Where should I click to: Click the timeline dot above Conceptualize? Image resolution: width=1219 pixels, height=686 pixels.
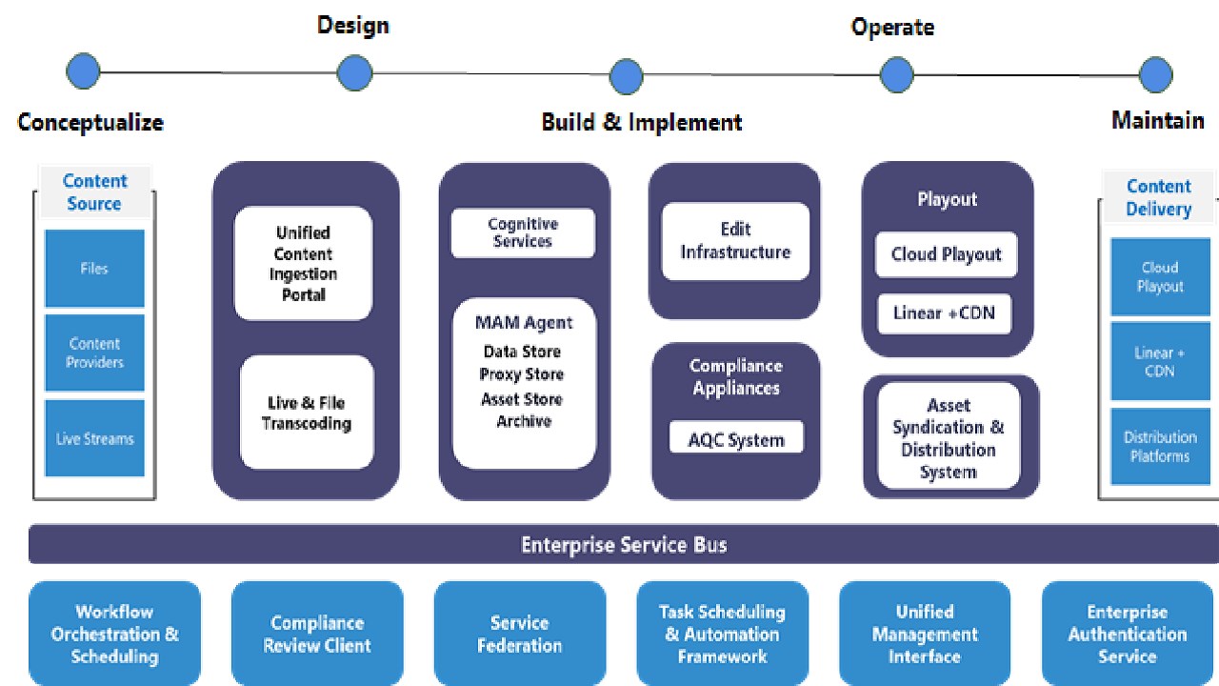pos(83,71)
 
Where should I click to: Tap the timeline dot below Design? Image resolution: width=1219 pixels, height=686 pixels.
pos(354,72)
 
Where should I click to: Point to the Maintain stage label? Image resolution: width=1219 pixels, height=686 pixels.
pos(1157,121)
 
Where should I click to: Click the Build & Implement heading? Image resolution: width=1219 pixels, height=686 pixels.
pos(641,122)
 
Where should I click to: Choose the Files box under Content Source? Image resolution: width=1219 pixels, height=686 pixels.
pos(94,269)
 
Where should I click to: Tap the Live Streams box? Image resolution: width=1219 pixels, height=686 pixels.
pos(94,438)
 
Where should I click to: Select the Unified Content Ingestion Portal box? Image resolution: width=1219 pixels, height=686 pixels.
pos(303,263)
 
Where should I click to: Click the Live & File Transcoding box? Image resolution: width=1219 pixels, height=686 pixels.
pos(307,413)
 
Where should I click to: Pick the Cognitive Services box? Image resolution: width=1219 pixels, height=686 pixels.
pos(523,233)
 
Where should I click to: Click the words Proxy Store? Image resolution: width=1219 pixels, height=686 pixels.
pos(522,374)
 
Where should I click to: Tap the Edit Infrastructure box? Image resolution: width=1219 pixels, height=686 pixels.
pos(735,241)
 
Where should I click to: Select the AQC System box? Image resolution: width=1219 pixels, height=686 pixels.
pos(736,440)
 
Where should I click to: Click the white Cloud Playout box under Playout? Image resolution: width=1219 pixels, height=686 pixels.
pos(946,254)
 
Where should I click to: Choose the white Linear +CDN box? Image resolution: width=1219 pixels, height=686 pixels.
pos(944,313)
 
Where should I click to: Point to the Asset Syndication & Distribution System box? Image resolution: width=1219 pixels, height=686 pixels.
pos(948,438)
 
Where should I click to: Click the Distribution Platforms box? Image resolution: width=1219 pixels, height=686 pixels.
pos(1159,446)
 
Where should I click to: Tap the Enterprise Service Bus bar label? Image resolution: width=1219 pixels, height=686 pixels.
pos(624,545)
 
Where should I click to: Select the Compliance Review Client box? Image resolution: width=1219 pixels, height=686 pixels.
pos(317,634)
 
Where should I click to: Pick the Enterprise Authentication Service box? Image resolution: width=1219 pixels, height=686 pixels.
pos(1127,634)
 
